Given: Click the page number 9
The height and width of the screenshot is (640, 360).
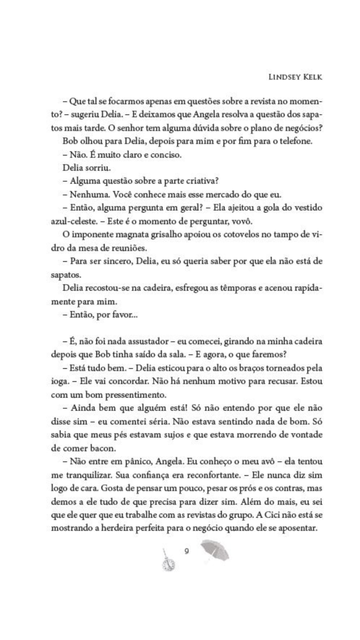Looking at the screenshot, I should pyautogui.click(x=187, y=551).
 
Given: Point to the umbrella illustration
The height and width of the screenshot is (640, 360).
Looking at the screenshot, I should pyautogui.click(x=214, y=549).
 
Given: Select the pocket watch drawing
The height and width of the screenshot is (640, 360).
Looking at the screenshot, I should pyautogui.click(x=169, y=561).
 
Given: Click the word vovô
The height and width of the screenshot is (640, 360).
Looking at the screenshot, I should pyautogui.click(x=242, y=222).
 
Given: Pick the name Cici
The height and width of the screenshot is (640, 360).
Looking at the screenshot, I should pyautogui.click(x=270, y=515).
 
